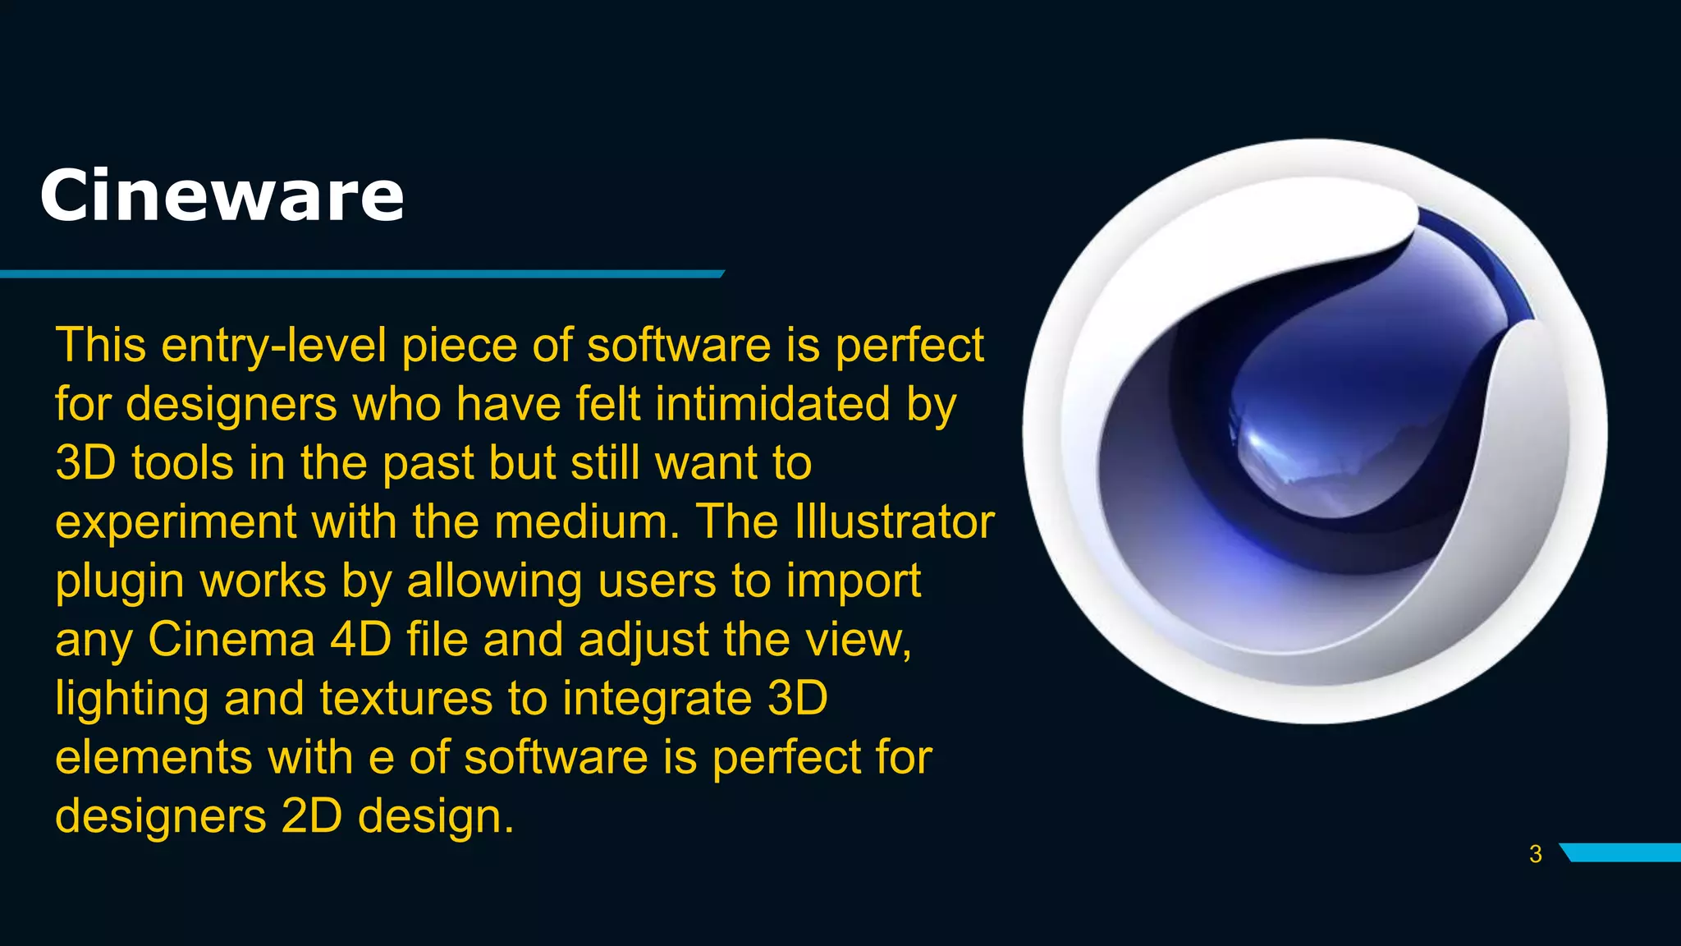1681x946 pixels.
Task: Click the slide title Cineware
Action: tap(222, 195)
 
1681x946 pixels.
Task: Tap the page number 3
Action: tap(1536, 854)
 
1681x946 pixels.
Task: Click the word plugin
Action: tap(120, 582)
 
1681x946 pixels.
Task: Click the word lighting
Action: tap(131, 700)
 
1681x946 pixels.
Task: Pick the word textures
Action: tap(405, 699)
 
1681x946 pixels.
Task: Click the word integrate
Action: tap(657, 700)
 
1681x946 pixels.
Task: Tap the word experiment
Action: tap(176, 523)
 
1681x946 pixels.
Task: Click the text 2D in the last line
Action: tap(311, 816)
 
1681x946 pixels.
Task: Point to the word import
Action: tap(853, 582)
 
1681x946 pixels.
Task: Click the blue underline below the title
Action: tap(361, 273)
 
